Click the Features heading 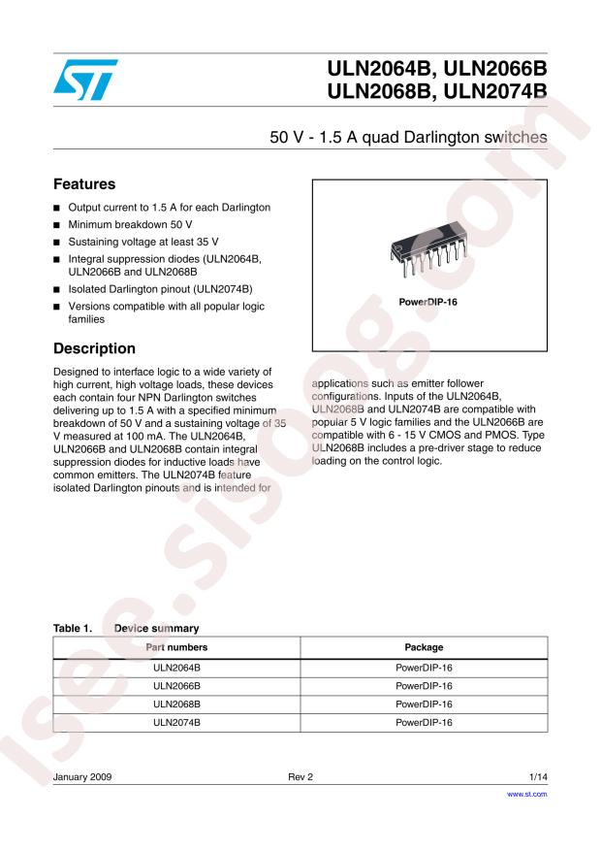point(84,183)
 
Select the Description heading point(94,347)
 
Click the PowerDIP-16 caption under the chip point(428,301)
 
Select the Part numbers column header point(176,646)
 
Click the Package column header point(424,646)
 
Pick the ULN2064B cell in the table point(176,669)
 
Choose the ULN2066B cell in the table point(176,686)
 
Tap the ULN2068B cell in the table point(176,704)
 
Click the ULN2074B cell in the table point(176,722)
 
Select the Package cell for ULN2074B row point(424,722)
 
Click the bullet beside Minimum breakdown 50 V point(57,224)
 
